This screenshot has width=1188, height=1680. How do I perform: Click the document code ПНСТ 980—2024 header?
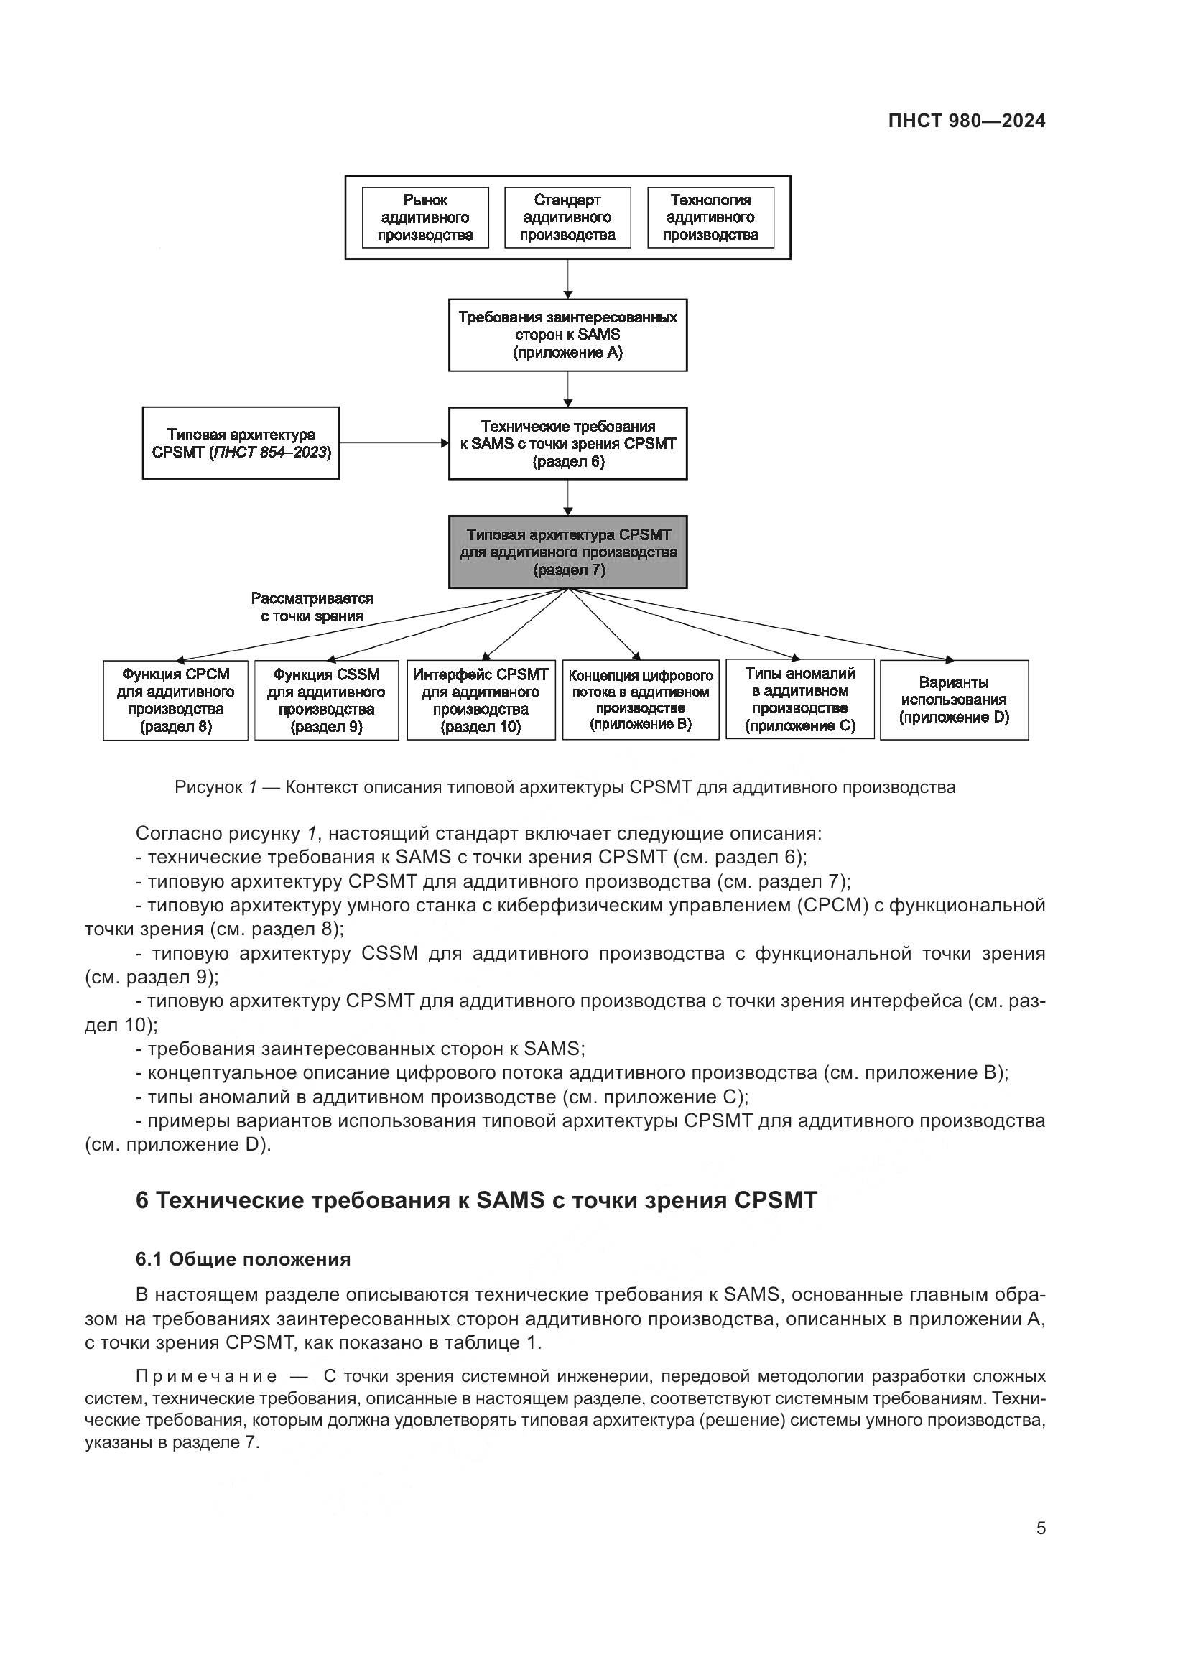(x=966, y=121)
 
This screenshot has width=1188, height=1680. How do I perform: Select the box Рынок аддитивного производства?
(x=425, y=218)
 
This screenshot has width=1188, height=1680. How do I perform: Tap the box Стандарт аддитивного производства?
(x=567, y=218)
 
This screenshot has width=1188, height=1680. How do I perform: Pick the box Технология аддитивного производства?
(x=710, y=218)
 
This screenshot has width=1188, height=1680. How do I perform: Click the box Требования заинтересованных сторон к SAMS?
(x=567, y=335)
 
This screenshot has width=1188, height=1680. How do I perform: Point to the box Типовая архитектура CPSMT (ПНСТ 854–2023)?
(x=241, y=443)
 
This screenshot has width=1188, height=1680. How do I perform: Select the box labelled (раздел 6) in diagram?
(x=567, y=443)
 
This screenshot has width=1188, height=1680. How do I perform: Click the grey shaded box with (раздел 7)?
(x=567, y=552)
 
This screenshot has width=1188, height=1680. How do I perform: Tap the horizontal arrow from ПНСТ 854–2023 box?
(x=394, y=443)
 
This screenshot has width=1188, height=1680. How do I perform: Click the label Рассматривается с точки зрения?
(x=312, y=608)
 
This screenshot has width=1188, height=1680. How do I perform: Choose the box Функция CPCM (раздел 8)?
(x=175, y=700)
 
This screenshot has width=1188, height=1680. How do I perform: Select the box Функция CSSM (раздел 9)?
(x=326, y=700)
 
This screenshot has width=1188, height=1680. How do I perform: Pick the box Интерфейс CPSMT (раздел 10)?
(x=481, y=700)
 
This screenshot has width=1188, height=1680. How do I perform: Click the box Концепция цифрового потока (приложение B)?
(x=640, y=700)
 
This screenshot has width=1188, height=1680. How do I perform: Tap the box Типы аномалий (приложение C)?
(x=799, y=700)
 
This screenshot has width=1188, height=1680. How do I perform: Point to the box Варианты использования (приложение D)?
(x=954, y=700)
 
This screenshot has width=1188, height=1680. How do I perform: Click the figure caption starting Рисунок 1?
(x=565, y=787)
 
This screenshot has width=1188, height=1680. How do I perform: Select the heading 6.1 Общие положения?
(x=243, y=1259)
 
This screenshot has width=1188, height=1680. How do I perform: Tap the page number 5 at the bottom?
(x=1040, y=1528)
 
